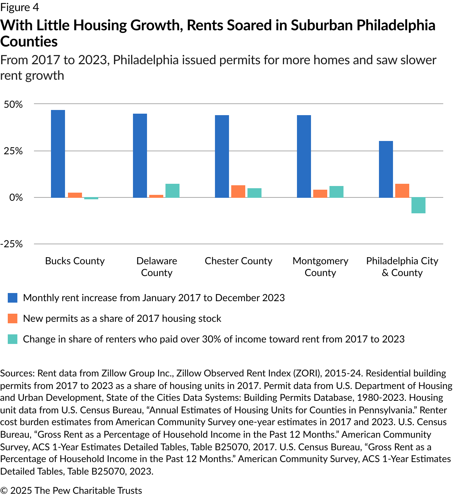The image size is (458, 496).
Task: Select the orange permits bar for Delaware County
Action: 156,196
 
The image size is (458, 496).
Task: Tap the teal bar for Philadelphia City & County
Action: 418,205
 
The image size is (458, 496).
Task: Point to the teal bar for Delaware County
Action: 172,190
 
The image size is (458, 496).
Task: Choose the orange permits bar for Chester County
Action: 238,191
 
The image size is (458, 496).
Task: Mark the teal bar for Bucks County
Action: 91,198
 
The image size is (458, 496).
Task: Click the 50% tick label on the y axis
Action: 13,104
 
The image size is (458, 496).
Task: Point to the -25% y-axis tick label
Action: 11,244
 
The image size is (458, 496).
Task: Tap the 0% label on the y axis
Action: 16,197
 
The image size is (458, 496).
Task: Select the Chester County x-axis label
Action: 238,261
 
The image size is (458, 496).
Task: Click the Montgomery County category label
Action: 320,266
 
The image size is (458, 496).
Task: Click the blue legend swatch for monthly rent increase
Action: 13,298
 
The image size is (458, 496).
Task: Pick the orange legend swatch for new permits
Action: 13,318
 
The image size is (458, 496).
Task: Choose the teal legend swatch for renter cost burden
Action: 13,339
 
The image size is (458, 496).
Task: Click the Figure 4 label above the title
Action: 20,7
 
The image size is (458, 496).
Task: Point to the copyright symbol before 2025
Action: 4,490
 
